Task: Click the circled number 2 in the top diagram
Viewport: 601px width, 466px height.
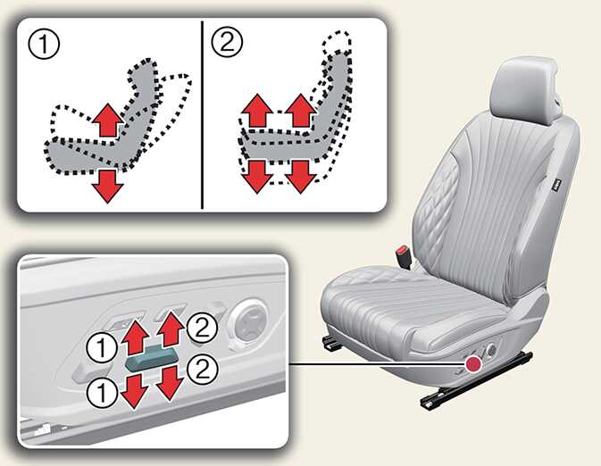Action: click(x=227, y=42)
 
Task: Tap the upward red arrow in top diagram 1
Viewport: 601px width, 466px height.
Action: click(x=108, y=120)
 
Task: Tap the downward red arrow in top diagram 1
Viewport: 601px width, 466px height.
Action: click(x=108, y=187)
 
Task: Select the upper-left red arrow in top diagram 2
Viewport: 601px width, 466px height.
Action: click(x=258, y=111)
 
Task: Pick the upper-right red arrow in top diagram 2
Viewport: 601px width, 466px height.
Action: click(x=301, y=111)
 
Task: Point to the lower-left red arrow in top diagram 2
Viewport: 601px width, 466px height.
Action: click(x=258, y=177)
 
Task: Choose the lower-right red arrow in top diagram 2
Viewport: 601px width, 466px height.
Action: click(x=301, y=177)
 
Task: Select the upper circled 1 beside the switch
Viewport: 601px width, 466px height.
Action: click(x=102, y=348)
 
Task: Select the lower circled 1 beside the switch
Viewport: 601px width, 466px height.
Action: click(x=102, y=393)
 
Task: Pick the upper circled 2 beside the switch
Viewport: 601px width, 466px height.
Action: click(x=203, y=328)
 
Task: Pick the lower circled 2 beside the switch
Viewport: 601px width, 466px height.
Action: click(x=203, y=370)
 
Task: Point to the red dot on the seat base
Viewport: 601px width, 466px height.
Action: click(x=474, y=363)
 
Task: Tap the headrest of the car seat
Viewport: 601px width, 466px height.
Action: click(x=525, y=89)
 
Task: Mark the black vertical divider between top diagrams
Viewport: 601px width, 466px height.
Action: click(x=202, y=115)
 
